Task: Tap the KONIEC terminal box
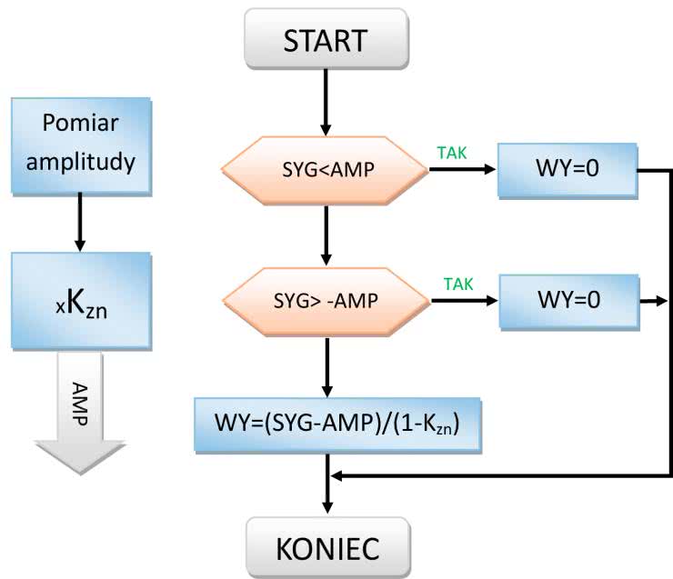pos(325,549)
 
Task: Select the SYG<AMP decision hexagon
pos(325,169)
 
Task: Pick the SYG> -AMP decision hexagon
pos(325,300)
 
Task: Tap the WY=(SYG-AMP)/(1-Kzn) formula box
pos(337,424)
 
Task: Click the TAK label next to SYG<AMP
pos(452,153)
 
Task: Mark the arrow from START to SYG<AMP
pos(325,102)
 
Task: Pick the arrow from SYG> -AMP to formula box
pos(325,364)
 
